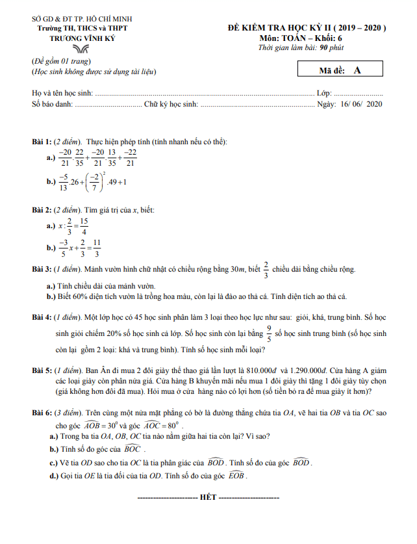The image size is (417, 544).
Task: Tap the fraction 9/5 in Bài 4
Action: [269, 334]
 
